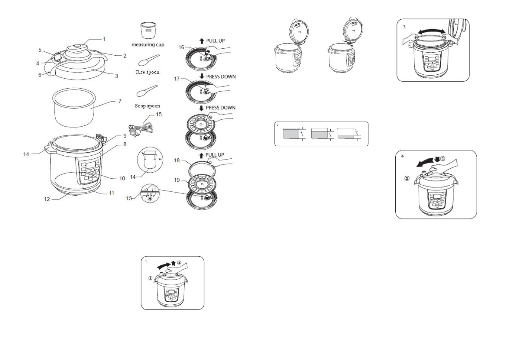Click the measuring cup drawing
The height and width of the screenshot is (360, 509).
click(148, 30)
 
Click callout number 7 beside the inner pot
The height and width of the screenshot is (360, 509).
click(120, 101)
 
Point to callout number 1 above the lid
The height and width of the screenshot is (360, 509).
click(104, 39)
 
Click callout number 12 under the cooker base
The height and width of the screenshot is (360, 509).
click(47, 199)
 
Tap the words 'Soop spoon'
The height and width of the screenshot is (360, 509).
click(148, 106)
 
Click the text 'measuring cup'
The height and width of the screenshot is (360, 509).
click(148, 45)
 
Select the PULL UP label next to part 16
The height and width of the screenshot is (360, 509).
click(215, 41)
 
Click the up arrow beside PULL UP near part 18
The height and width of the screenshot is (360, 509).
click(201, 155)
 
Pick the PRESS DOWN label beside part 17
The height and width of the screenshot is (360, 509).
click(221, 77)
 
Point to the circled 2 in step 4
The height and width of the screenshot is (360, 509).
click(407, 178)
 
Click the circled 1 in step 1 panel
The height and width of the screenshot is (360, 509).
click(150, 278)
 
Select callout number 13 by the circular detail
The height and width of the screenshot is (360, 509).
click(129, 198)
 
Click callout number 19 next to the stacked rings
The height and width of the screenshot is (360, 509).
click(177, 180)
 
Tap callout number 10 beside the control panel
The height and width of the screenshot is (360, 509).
click(122, 178)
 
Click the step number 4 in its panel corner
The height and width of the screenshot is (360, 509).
click(402, 156)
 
